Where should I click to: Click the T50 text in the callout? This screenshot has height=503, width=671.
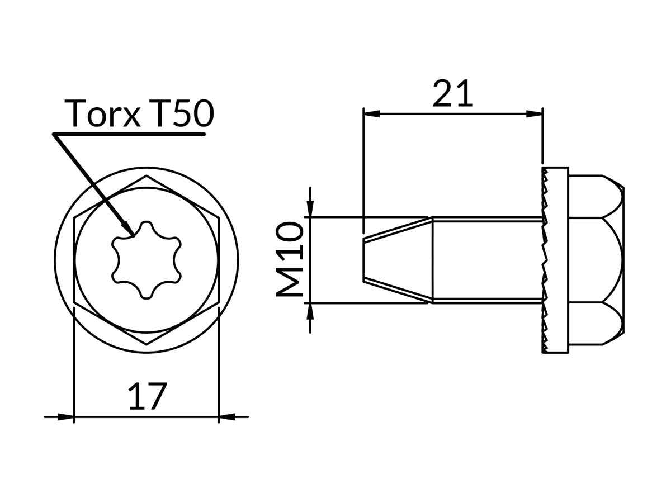click(x=182, y=113)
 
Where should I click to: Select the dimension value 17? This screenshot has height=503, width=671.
click(x=147, y=397)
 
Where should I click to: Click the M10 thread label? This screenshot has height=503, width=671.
click(x=291, y=260)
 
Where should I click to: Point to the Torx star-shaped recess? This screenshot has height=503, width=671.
click(x=147, y=260)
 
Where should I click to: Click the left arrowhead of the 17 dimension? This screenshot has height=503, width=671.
click(x=66, y=416)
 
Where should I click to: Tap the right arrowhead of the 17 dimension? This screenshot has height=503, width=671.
click(x=226, y=416)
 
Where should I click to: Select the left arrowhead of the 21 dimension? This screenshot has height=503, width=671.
click(x=371, y=113)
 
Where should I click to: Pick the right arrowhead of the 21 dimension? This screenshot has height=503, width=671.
click(x=535, y=113)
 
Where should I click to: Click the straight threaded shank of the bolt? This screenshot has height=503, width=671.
click(x=486, y=260)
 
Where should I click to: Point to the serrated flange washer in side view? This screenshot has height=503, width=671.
click(x=555, y=260)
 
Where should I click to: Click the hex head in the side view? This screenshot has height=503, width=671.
click(x=596, y=260)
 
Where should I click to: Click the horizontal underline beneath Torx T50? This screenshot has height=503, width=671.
click(x=129, y=134)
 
